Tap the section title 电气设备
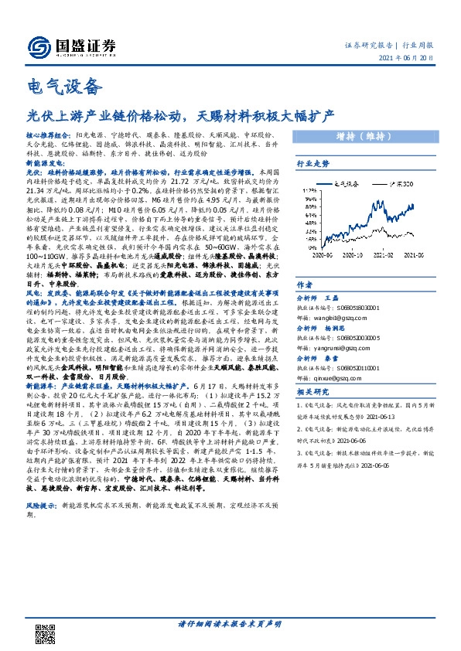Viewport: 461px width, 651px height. tap(64, 84)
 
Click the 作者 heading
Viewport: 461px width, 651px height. tap(306, 285)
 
